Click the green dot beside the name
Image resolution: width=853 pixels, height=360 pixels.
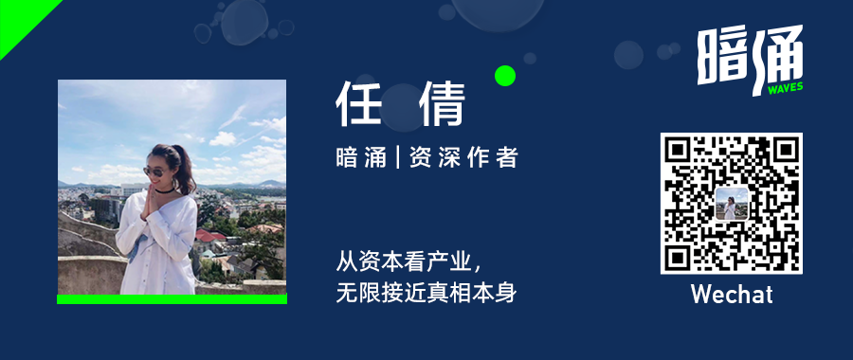click(505, 76)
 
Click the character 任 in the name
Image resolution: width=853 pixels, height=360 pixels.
click(357, 104)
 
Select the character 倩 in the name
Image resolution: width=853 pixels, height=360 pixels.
click(443, 104)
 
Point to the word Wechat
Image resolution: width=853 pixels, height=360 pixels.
click(732, 295)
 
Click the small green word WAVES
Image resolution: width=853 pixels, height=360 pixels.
click(785, 88)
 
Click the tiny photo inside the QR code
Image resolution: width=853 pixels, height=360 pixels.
click(731, 204)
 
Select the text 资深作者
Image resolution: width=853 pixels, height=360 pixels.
click(463, 158)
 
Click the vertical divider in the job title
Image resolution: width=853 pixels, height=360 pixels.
click(398, 158)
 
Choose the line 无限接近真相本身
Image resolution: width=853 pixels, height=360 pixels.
click(426, 294)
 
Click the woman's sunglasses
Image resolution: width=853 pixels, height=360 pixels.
click(153, 171)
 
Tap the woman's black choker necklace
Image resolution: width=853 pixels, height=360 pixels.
click(164, 190)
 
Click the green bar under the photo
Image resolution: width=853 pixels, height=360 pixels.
click(172, 299)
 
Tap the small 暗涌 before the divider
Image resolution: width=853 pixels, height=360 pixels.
click(361, 158)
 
